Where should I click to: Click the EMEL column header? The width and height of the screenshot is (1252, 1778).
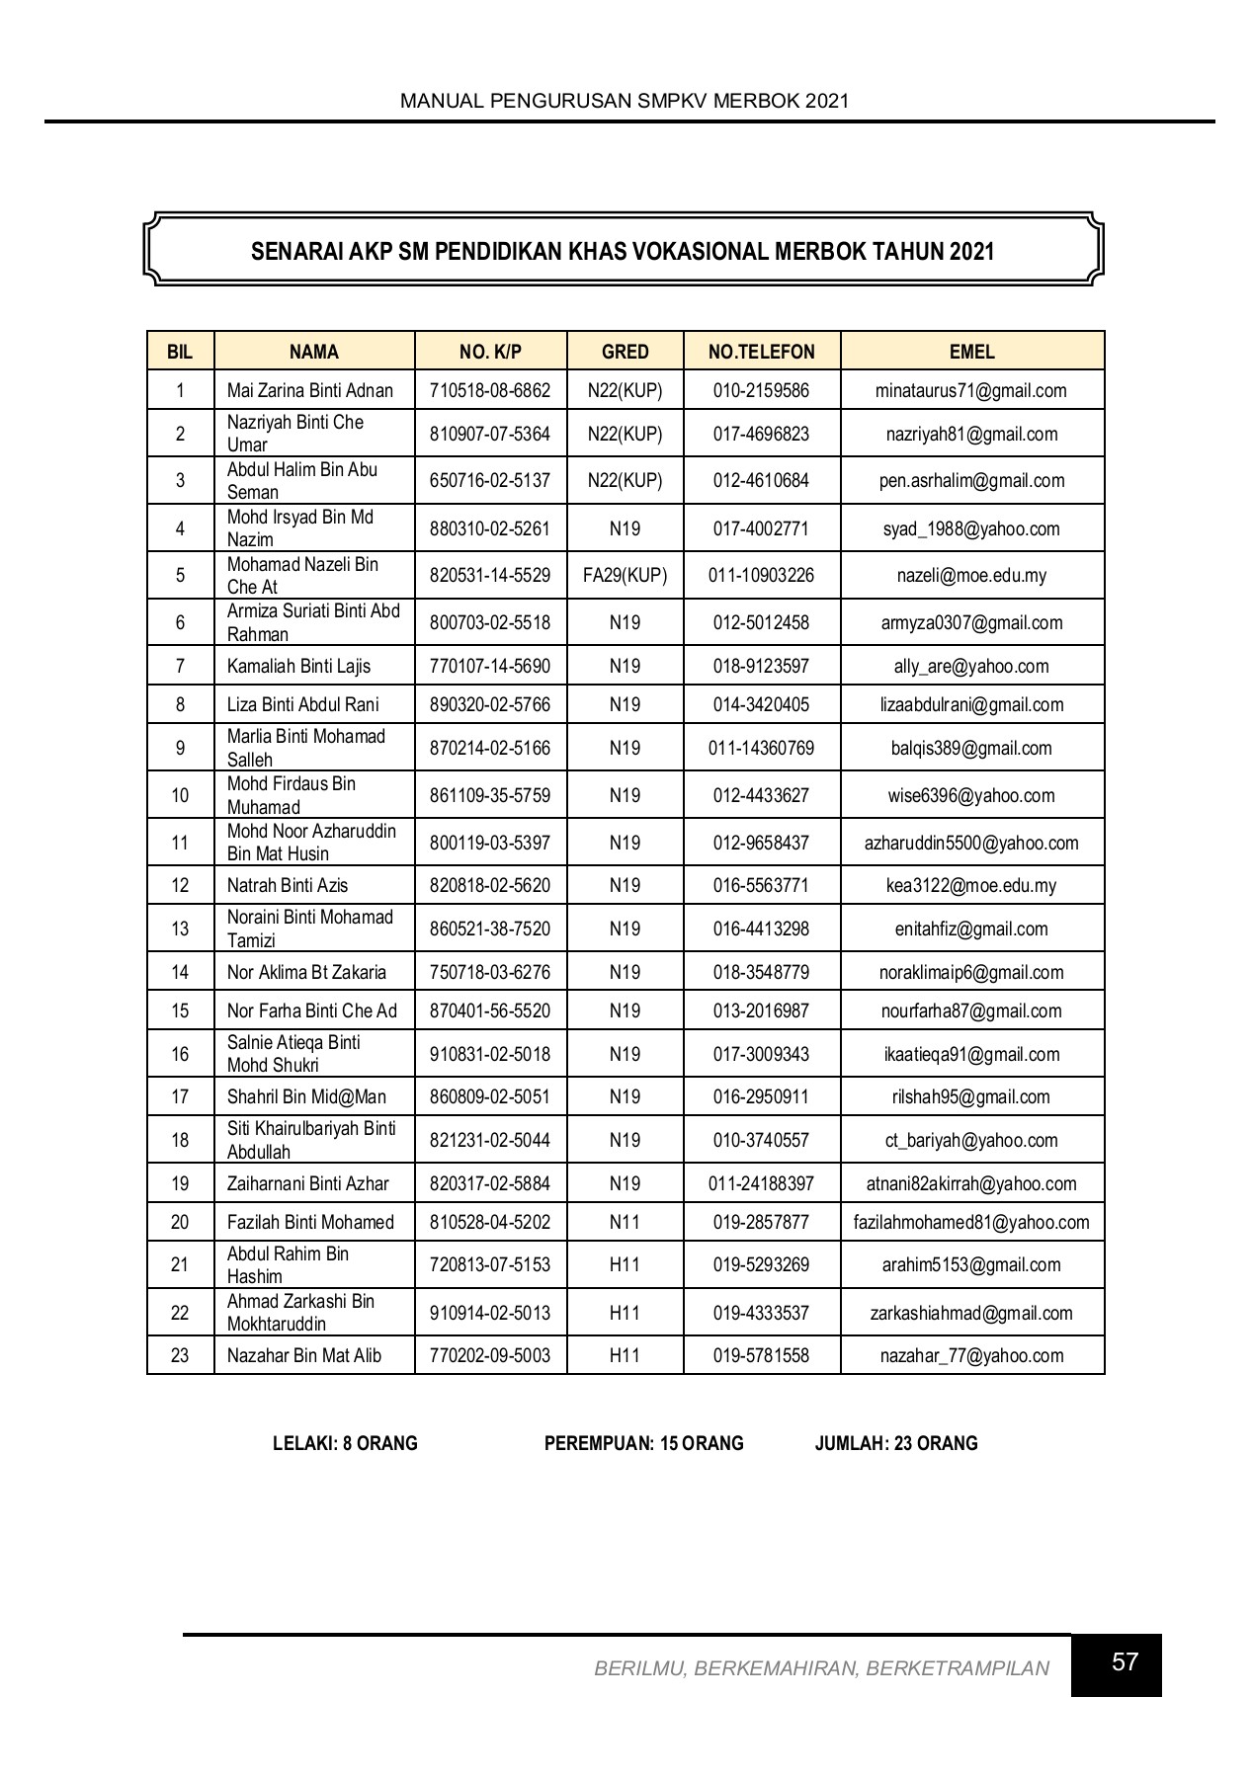(x=971, y=352)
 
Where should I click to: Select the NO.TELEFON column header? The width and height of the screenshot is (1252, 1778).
(x=761, y=352)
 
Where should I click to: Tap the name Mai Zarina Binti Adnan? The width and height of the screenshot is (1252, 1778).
(x=310, y=390)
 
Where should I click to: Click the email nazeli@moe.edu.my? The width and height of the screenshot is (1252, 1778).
(x=971, y=575)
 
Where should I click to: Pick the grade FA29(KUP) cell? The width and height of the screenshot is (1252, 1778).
(x=625, y=575)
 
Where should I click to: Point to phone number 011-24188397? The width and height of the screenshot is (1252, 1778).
(x=761, y=1183)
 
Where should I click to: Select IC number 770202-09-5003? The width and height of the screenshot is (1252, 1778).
(x=490, y=1355)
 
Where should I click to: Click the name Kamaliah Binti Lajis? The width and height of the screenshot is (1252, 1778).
(x=298, y=666)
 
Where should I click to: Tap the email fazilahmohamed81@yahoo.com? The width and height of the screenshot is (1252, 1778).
(x=971, y=1222)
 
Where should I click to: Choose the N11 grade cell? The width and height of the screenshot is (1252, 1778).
(x=625, y=1222)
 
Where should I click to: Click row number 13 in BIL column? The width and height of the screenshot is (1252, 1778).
(x=180, y=929)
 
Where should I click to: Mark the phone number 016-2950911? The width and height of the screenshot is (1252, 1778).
(x=761, y=1096)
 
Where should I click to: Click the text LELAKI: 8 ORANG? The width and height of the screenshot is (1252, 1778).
(x=345, y=1443)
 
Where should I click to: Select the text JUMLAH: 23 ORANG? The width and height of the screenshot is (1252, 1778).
(x=895, y=1443)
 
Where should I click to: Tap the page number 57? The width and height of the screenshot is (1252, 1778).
(x=1125, y=1662)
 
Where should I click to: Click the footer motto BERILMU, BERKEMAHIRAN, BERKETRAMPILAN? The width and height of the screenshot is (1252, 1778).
(x=821, y=1668)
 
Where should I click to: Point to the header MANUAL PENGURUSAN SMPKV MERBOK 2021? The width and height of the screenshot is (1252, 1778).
(x=625, y=101)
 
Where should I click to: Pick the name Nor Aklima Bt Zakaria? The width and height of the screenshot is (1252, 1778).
(x=306, y=972)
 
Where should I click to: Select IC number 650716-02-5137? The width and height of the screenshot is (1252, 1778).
(x=490, y=481)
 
